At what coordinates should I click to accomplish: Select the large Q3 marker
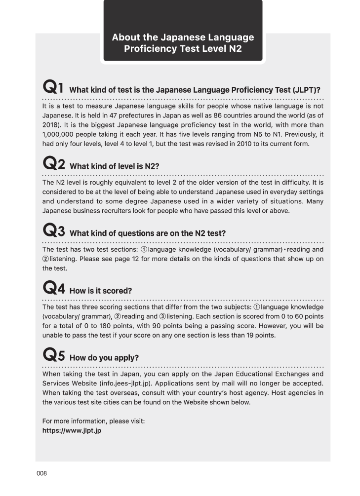click(54, 230)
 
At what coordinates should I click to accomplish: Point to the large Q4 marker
click(54, 288)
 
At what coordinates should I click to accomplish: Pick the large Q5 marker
click(54, 355)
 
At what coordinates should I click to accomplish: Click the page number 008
click(41, 473)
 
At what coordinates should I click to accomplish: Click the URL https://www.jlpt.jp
click(72, 430)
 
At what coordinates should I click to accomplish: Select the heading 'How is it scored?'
click(101, 291)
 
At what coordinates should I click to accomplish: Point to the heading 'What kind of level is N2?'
click(115, 167)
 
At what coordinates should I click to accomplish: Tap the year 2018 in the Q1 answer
click(51, 123)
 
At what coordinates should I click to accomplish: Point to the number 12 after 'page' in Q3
click(132, 259)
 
